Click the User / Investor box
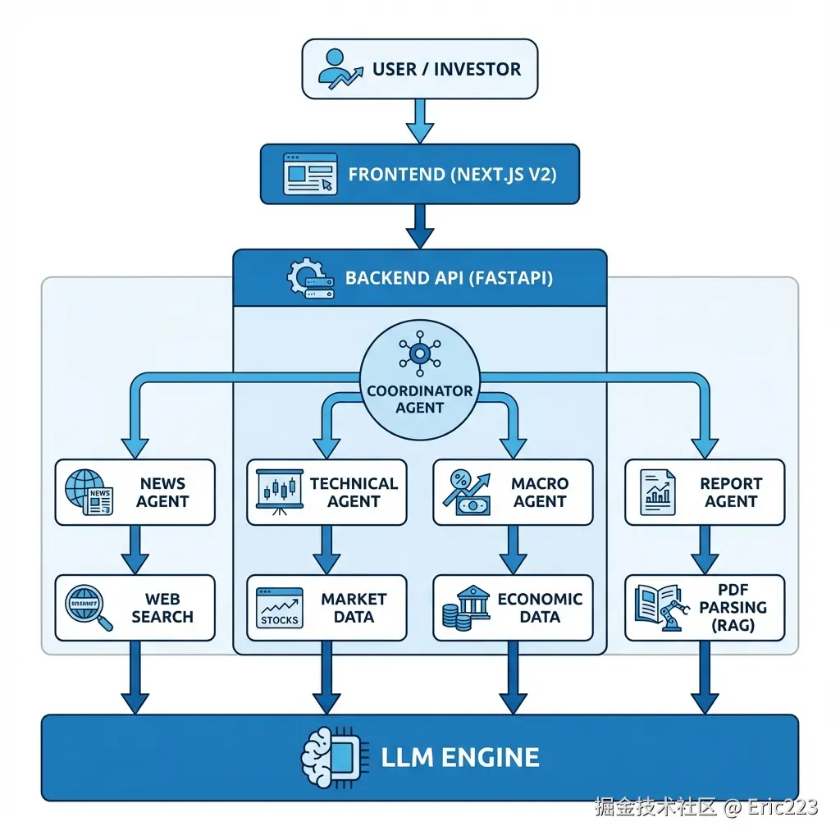[419, 69]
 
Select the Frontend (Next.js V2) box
[419, 174]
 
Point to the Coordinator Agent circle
[419, 381]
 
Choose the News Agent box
[135, 492]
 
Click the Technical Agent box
[326, 492]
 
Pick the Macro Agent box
[513, 492]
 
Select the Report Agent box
[705, 492]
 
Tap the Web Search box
[135, 608]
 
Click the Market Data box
[326, 608]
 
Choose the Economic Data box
[513, 608]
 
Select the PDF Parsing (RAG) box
[705, 608]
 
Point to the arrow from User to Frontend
[420, 121]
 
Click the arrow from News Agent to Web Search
[135, 550]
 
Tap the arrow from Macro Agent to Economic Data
[514, 550]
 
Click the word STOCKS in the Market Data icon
[279, 620]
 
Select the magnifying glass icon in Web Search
[89, 608]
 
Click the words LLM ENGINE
[459, 757]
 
